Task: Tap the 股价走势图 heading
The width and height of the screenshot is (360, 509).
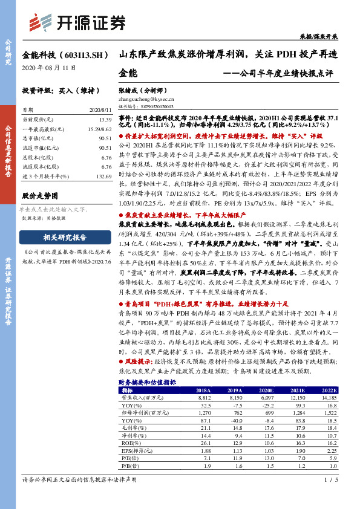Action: [39, 196]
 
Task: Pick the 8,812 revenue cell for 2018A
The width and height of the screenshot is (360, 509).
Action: [202, 398]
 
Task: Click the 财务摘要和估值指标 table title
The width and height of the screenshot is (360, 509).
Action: [147, 383]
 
